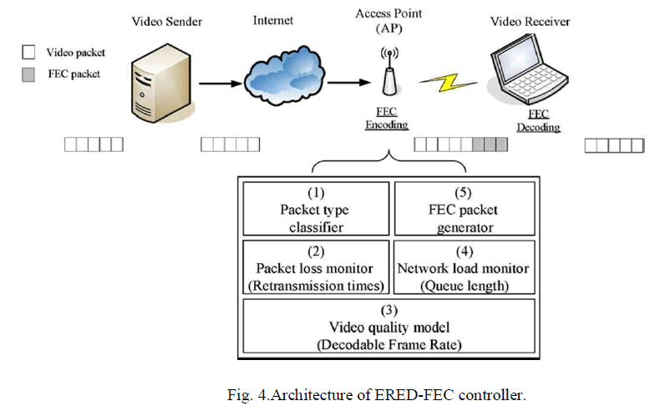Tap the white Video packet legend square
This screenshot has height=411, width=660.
(x=28, y=53)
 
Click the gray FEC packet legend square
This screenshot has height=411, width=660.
(x=28, y=74)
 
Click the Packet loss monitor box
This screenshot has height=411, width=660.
(x=316, y=267)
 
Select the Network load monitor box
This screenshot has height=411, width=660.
(x=465, y=267)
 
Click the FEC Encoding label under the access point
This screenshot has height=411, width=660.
(x=386, y=119)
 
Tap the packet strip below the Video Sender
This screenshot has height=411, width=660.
(x=94, y=145)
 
